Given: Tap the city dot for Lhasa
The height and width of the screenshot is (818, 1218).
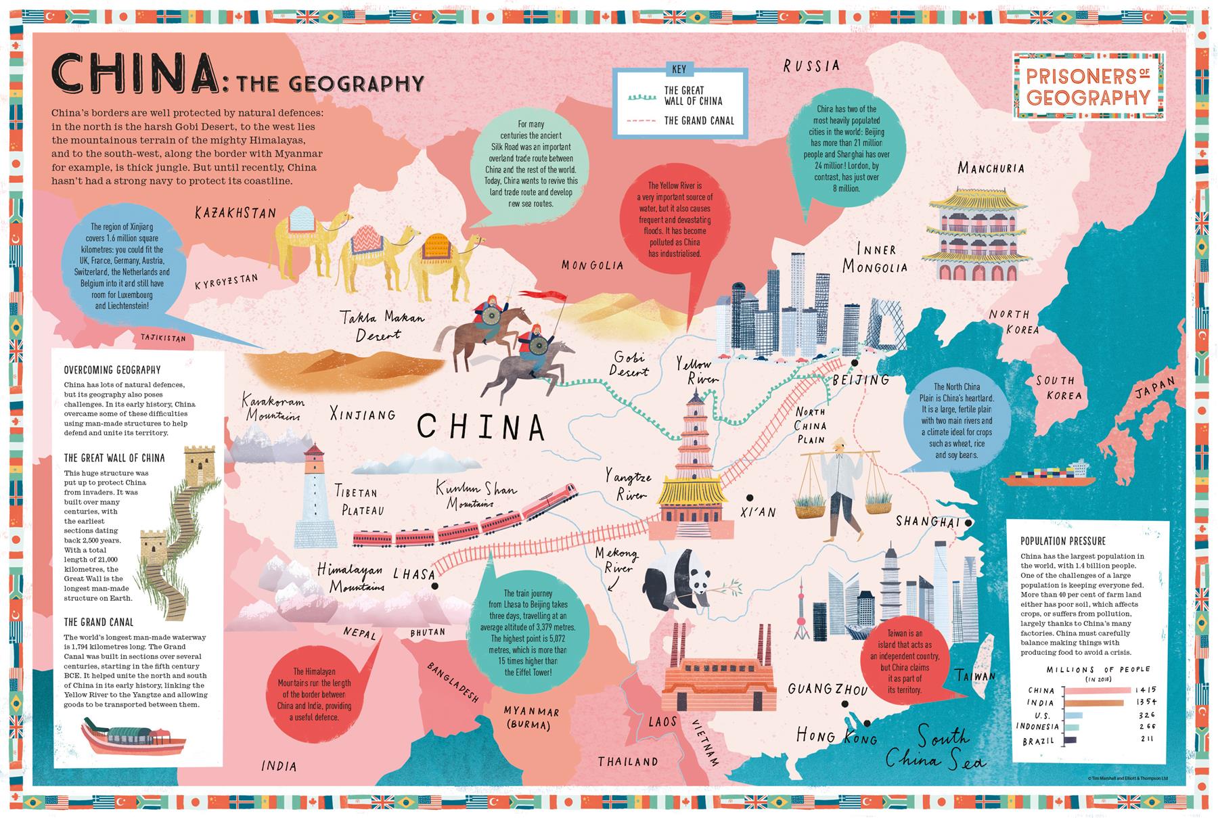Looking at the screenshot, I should pos(434,587).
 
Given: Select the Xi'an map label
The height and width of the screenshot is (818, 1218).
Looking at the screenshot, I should pos(759,512).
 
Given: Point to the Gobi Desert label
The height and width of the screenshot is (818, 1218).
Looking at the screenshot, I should pos(629,364).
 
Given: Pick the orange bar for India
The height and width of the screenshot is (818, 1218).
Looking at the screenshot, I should pos(1093,703).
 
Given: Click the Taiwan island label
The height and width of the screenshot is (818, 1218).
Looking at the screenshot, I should pos(975,675).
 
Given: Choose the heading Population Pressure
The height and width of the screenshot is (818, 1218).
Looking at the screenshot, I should pos(1063,541).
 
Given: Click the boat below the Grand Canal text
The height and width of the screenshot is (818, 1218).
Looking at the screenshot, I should pos(133,738).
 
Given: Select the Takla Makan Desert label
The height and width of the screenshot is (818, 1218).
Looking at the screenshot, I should pos(382,325).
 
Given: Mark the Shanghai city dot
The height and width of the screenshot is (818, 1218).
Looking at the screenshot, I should pos(969,523).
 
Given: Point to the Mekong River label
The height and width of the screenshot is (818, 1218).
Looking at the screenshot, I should pos(616,561).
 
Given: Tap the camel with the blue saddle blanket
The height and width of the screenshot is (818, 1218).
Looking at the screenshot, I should pos(308,237).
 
